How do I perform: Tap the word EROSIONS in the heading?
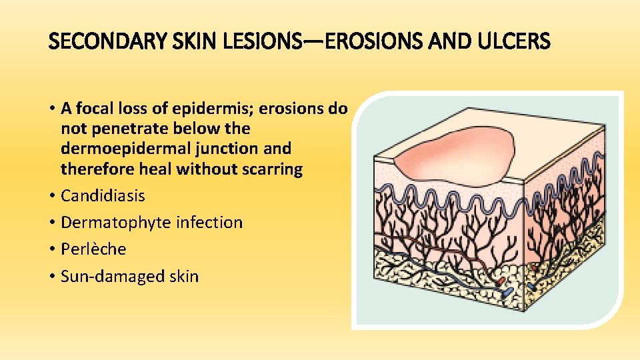[346, 43]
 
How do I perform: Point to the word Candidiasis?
[103, 196]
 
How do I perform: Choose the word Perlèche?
[93, 249]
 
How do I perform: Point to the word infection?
[209, 223]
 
